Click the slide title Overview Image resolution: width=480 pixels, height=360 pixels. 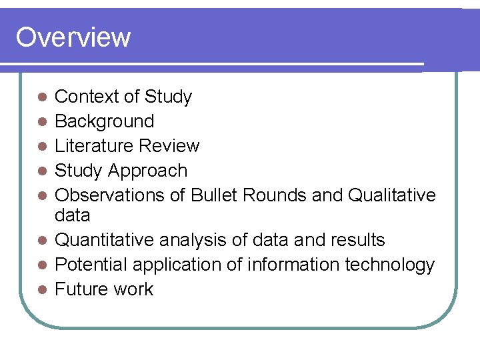(73, 37)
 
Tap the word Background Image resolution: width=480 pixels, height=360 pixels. (104, 121)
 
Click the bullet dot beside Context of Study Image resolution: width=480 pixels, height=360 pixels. (41, 97)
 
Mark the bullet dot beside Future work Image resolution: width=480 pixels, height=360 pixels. (41, 290)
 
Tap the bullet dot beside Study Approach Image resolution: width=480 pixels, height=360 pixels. (41, 171)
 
